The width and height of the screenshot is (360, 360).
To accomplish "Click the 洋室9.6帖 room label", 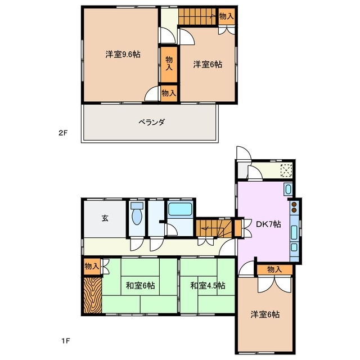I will point(123,55).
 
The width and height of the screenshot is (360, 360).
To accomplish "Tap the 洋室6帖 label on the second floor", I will point(208,65).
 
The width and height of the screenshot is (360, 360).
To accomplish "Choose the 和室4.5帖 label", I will point(208,286).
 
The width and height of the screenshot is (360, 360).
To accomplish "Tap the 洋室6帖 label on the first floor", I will point(264,315).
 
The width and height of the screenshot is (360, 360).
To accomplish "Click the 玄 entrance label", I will point(105,219).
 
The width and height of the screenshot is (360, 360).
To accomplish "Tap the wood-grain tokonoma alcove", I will point(92,294).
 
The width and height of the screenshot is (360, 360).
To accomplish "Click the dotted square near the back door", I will point(286,170).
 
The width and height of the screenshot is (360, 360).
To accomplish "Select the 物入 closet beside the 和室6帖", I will point(92,266).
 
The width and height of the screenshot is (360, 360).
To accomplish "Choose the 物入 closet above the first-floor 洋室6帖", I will point(274,270).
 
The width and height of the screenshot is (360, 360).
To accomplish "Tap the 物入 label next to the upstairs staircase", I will point(226,16).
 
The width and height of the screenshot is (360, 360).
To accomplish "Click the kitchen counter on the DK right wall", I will point(295,229).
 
